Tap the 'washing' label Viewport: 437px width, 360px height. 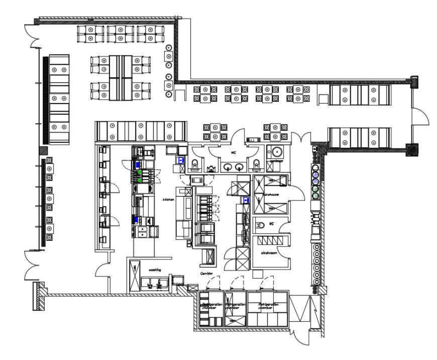(154, 270)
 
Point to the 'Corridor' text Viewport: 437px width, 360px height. (207, 274)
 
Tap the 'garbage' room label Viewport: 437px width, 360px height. (275, 161)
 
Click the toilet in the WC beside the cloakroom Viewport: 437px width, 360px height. (259, 225)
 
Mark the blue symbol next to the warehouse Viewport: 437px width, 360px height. (246, 200)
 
